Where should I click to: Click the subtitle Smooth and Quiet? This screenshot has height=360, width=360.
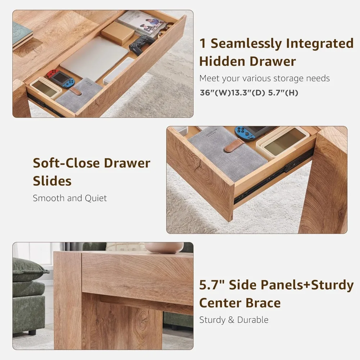(70, 198)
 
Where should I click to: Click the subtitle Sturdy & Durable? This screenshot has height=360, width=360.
(234, 320)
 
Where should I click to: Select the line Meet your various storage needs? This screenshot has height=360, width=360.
(265, 78)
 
